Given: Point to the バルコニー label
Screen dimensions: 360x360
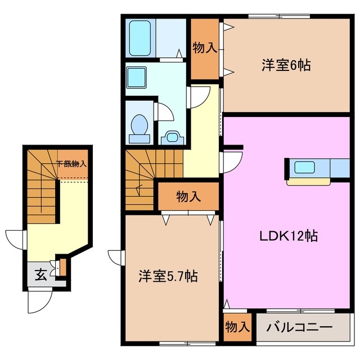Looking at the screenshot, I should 299,327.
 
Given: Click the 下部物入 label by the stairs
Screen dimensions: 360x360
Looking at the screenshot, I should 71,164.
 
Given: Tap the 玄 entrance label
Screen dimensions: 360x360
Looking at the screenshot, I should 41,274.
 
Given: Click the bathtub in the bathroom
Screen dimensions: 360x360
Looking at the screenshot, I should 139,38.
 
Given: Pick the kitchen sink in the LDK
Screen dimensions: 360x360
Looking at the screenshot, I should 305,168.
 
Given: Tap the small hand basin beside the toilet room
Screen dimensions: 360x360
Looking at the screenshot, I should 172,137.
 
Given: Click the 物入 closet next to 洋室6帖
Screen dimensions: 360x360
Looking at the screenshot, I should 204,48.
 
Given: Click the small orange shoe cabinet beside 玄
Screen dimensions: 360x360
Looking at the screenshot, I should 62,266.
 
